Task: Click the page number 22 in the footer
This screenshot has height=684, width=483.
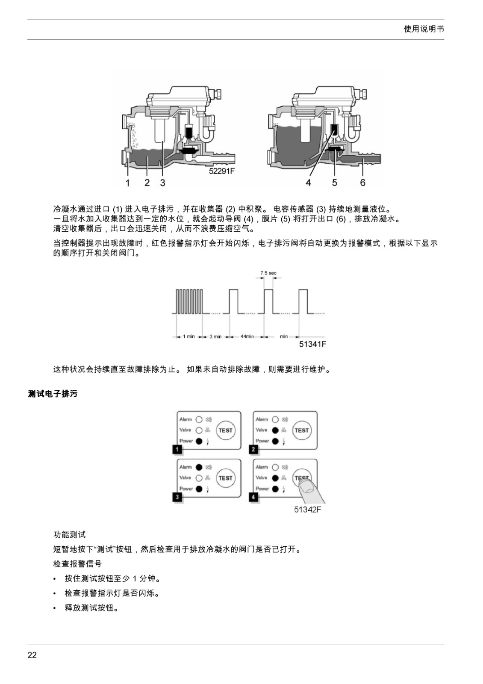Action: [32, 655]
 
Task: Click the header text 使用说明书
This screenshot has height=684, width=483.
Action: [424, 29]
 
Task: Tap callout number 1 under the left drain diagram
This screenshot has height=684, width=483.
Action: [128, 183]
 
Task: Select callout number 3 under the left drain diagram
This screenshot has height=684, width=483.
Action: [163, 183]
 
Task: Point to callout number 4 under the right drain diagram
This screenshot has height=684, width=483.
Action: [308, 183]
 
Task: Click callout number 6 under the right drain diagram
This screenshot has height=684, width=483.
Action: [363, 183]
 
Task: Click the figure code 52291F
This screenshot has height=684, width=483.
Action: [222, 171]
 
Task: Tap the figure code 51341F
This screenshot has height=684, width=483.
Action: [312, 344]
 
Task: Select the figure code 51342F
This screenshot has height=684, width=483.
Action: [308, 510]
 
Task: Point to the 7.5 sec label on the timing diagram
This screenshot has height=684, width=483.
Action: [268, 273]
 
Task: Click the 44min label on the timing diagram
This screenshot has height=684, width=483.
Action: [247, 336]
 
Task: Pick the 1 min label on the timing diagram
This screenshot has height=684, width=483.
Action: [189, 336]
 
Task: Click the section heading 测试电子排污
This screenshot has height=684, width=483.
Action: [53, 394]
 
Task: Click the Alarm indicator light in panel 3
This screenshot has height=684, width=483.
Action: [199, 467]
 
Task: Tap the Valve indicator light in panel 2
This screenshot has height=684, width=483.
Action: [275, 430]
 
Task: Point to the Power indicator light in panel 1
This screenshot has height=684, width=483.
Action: [199, 441]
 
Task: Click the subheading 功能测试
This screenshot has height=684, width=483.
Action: [69, 535]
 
